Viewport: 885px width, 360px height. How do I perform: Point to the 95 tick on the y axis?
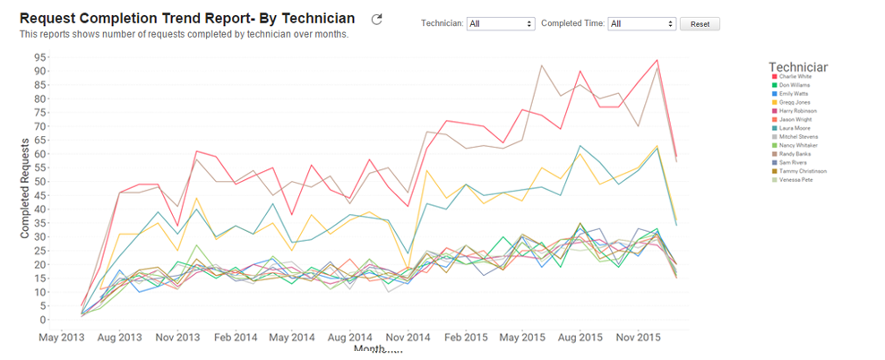(41, 57)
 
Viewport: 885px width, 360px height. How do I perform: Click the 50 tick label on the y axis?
(41, 182)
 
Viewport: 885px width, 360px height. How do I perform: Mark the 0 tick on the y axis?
(44, 320)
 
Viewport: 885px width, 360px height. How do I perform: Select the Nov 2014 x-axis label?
(382, 338)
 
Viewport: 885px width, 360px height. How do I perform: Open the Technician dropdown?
(501, 24)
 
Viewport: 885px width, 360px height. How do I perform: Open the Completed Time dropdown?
(641, 24)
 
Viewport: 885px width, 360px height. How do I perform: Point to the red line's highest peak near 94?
(657, 61)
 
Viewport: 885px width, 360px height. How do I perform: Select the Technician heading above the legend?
(797, 66)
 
